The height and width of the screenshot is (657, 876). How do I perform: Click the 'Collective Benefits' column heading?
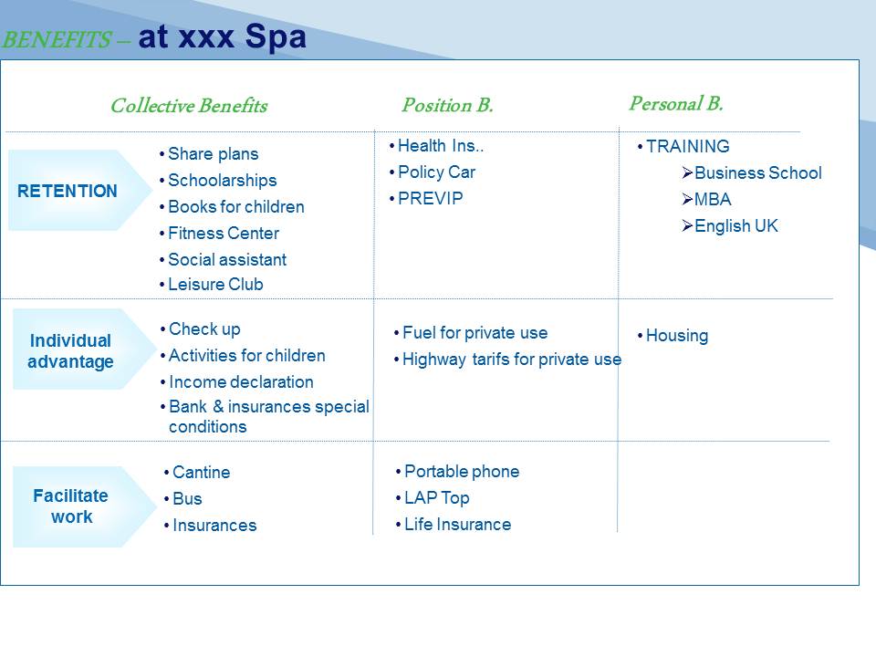(189, 106)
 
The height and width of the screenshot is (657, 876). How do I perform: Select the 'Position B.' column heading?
(447, 104)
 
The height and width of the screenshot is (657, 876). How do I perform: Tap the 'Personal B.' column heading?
(676, 103)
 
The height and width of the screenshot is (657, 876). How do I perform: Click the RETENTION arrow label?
(68, 191)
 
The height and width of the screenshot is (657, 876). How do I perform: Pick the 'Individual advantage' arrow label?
(70, 350)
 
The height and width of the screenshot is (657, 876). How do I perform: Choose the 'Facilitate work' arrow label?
(71, 506)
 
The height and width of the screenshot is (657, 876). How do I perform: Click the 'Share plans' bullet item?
(213, 153)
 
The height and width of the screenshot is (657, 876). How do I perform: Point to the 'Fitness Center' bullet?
(224, 233)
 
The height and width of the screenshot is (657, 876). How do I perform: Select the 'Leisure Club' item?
(215, 285)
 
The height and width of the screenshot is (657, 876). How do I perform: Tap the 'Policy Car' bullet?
(436, 172)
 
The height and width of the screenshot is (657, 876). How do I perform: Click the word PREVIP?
(430, 198)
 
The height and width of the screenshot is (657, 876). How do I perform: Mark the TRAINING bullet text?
(688, 146)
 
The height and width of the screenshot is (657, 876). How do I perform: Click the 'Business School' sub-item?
(758, 172)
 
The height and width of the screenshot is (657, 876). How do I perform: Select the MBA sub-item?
(713, 200)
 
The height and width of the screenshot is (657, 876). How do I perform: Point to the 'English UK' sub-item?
(736, 225)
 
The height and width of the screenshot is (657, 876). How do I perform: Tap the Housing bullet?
(677, 335)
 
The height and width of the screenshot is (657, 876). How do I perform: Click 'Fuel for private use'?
(474, 333)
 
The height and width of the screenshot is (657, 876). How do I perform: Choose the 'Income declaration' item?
(241, 382)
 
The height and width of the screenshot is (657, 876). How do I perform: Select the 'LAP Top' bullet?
(437, 498)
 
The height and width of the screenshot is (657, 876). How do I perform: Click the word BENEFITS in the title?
(57, 39)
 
